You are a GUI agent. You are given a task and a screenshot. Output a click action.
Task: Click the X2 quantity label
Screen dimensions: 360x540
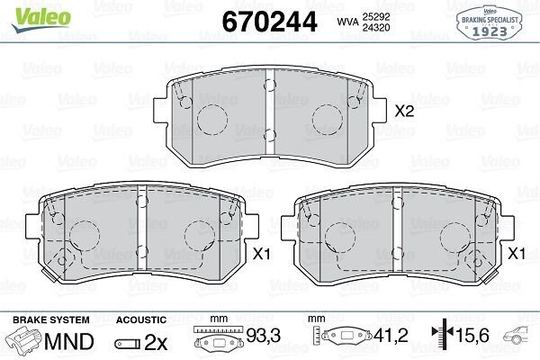click(x=404, y=112)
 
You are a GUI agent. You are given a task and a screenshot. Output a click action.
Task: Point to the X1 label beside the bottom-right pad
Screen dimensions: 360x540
click(x=517, y=255)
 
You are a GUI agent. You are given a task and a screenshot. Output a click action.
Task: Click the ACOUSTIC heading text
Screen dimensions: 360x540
click(x=141, y=319)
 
